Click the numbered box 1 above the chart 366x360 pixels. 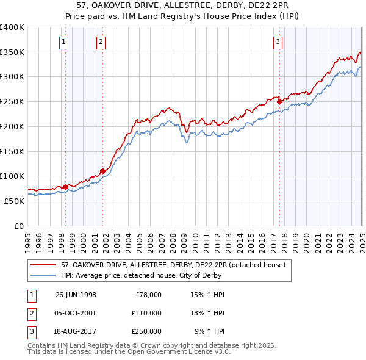pos(64,42)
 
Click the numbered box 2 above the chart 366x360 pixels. pos(101,42)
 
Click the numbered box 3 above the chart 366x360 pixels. pos(278,42)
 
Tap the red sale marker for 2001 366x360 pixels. pos(102,171)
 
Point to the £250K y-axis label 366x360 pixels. pos(12,101)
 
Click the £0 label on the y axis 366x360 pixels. pos(19,226)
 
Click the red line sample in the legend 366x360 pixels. pos(43,265)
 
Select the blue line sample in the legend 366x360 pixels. pos(43,275)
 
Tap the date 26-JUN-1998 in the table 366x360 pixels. pos(76,295)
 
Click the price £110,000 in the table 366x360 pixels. pos(146,312)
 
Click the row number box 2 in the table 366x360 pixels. pos(30,312)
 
